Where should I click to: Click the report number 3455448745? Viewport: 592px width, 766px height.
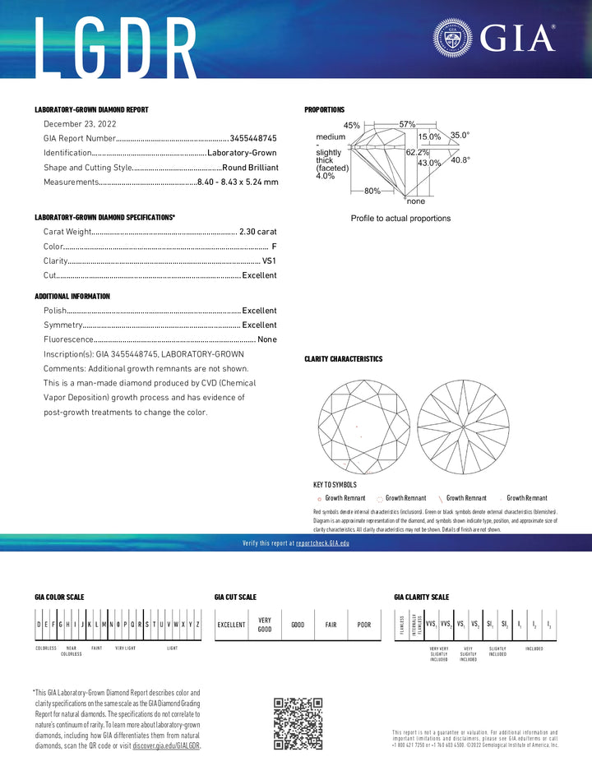coord(253,139)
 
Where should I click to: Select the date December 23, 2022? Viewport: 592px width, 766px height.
coord(80,123)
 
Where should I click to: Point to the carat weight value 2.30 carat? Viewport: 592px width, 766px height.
coord(257,232)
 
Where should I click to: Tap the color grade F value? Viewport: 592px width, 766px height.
coord(274,247)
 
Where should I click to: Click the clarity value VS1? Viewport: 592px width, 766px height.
coord(269,261)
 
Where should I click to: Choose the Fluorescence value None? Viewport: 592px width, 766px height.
coord(267,339)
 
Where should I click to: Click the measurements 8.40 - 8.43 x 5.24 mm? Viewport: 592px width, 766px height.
coord(237,182)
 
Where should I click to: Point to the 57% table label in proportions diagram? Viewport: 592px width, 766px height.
coord(407,123)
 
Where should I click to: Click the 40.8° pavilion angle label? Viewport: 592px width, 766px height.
coord(460,160)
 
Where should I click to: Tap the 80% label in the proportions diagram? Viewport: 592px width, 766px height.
coord(372,191)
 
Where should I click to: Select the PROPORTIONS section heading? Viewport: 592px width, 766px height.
coord(325,110)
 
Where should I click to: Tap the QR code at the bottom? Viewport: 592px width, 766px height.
coord(298,723)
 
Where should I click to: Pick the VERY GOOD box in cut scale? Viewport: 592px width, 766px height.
coord(265,625)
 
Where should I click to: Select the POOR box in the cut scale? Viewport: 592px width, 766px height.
coord(363,625)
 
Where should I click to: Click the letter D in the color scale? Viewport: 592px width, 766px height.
coord(39,625)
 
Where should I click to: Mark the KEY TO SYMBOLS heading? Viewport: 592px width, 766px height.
coord(335,485)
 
